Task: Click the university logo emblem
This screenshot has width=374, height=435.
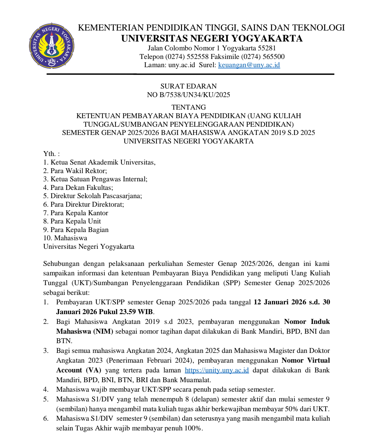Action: coord(52,45)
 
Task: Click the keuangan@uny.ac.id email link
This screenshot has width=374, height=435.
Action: coord(249,65)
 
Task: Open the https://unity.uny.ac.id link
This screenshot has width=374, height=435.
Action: coord(217,370)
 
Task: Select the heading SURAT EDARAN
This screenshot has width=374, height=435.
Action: coord(189,86)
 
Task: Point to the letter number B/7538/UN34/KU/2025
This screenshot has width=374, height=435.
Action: coord(195,95)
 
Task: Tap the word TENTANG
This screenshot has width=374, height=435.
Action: coord(189,107)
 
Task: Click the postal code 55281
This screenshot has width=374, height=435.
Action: coord(267,48)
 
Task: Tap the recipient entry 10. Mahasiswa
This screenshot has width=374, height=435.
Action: coord(65,238)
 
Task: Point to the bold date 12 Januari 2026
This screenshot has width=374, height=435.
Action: coord(280,302)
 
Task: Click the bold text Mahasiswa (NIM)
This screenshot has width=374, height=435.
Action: coord(85,332)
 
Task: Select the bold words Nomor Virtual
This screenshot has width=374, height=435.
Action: coord(306,361)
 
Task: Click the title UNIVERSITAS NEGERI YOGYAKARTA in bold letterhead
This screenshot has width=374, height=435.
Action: coord(212,38)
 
